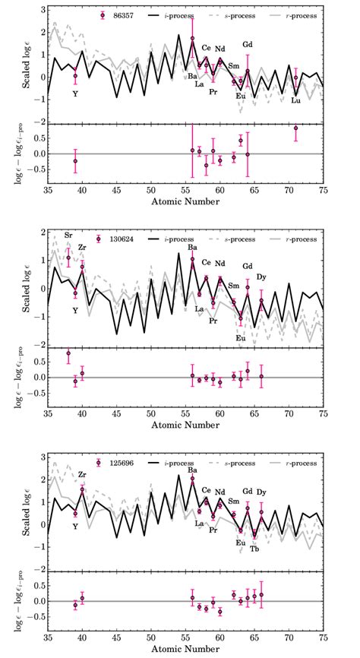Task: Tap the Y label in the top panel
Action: pos(75,93)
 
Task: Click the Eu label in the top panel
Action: pos(241,96)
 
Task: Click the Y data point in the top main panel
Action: pos(75,76)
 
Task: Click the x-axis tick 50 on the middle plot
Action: pos(151,414)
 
